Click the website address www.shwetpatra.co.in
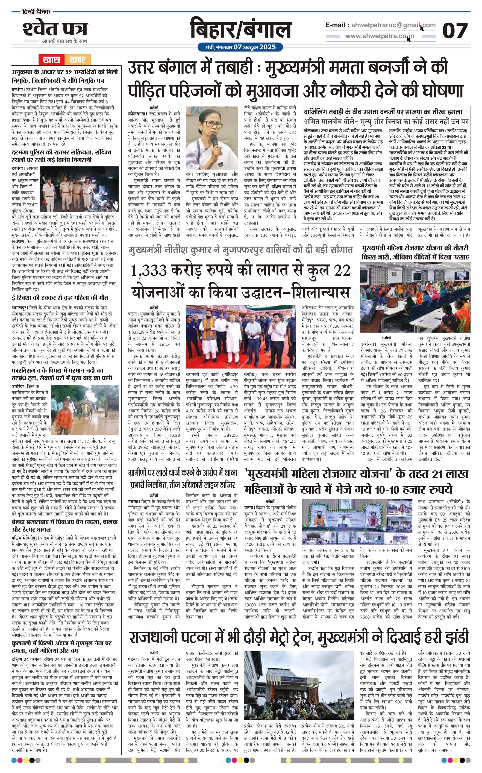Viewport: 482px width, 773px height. pyautogui.click(x=379, y=36)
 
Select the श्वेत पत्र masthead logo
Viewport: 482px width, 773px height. pyautogui.click(x=55, y=29)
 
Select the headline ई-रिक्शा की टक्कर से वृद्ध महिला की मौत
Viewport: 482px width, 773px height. pyautogui.click(x=60, y=298)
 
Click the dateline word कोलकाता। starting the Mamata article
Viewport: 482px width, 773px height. pyautogui.click(x=137, y=114)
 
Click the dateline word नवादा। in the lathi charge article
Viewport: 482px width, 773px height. pyautogui.click(x=135, y=501)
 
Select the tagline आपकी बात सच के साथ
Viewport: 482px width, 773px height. pyautogui.click(x=64, y=41)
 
